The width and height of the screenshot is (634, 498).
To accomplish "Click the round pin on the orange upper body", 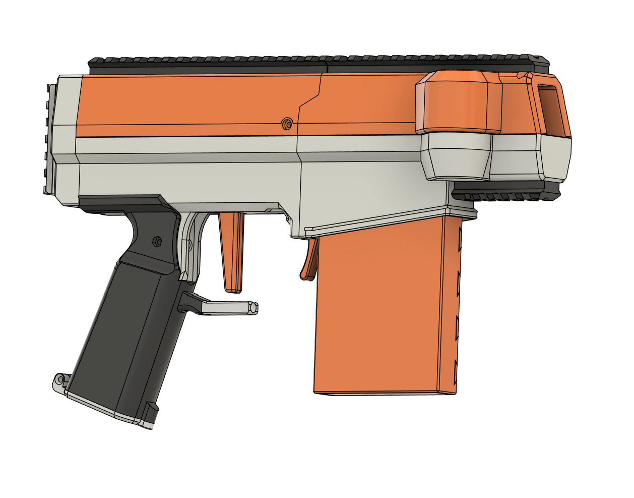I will [x=287, y=124].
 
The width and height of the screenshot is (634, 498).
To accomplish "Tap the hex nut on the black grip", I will [x=157, y=242].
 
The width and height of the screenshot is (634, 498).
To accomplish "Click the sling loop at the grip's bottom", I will [x=60, y=380].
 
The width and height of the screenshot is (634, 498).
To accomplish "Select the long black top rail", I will [x=312, y=62].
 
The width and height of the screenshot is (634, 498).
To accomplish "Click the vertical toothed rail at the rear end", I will [x=48, y=139].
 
